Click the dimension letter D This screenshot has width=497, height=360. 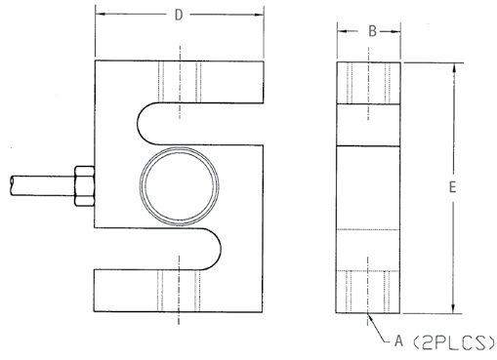pos(179,15)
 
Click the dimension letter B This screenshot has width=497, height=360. pos(372,31)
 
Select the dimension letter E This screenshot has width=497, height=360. pos(452,187)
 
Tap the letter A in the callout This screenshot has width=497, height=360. pos(398,341)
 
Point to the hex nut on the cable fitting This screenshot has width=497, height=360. pos(85,186)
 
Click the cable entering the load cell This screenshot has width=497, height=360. pos(42,185)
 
